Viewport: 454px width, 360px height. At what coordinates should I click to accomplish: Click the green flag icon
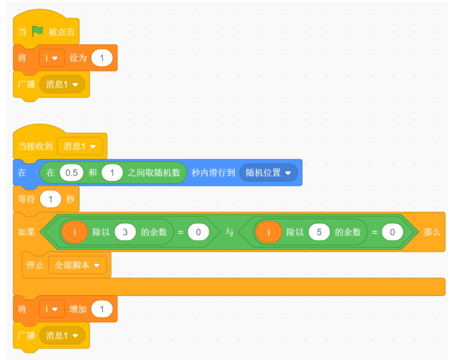(x=37, y=31)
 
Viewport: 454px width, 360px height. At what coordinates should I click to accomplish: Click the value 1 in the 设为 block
(x=101, y=59)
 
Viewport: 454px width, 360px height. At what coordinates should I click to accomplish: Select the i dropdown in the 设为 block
(x=51, y=59)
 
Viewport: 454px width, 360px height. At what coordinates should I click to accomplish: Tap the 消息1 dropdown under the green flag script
(x=62, y=85)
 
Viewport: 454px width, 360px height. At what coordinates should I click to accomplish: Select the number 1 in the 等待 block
(x=50, y=199)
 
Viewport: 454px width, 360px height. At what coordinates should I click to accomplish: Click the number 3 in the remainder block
(x=125, y=232)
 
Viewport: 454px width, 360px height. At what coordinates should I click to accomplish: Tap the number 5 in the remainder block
(x=318, y=232)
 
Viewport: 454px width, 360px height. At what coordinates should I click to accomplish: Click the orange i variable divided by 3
(x=74, y=232)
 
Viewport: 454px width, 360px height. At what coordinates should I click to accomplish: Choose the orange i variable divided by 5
(x=268, y=232)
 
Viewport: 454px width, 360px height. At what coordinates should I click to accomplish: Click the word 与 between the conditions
(x=229, y=232)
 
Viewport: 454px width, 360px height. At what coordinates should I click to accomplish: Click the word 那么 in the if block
(x=432, y=232)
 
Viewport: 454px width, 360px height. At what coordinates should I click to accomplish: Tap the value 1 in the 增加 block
(x=101, y=309)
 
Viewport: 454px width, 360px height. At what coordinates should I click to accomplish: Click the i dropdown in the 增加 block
(x=51, y=309)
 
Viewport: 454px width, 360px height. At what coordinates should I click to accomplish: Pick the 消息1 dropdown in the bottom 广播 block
(x=62, y=335)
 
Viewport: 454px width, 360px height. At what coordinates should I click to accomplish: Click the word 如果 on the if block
(x=27, y=232)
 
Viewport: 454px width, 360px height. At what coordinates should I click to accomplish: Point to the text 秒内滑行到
(x=212, y=173)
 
